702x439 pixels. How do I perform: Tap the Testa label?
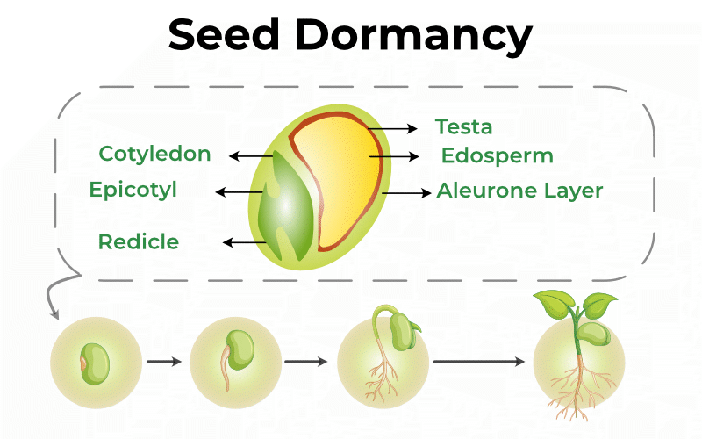[x=463, y=127]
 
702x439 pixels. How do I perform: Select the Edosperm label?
[x=497, y=156]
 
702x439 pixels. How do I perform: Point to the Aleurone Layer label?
[x=519, y=191]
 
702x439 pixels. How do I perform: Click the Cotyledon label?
[x=154, y=155]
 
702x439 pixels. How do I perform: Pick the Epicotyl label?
[x=133, y=190]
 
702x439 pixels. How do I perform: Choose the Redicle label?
[x=139, y=241]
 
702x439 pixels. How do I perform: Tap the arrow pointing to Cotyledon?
[x=251, y=156]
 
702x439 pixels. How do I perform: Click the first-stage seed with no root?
[x=95, y=361]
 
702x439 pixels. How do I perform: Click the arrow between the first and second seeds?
[x=164, y=361]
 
